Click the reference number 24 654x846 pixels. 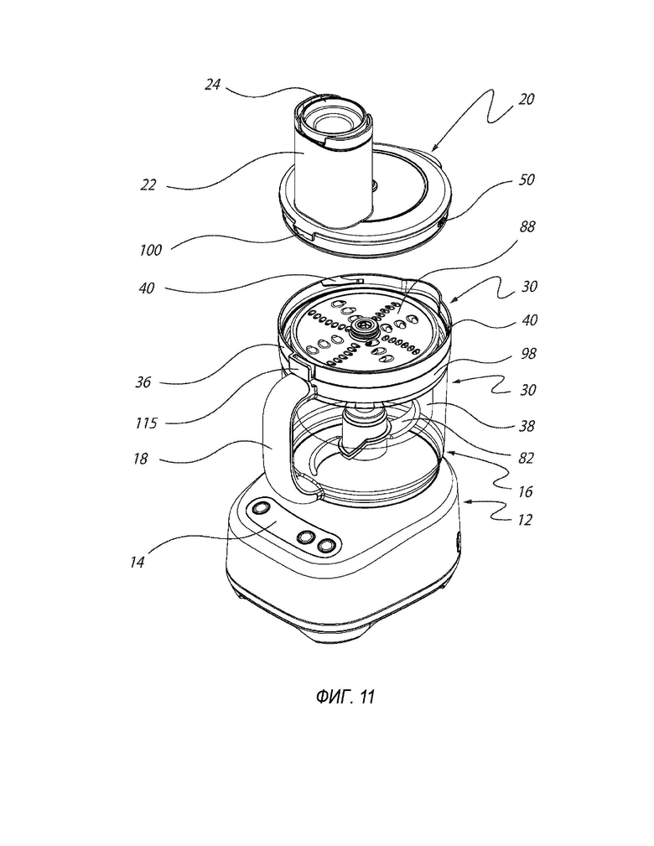pos(213,84)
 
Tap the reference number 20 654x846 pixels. pos(526,99)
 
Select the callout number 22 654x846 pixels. pos(148,185)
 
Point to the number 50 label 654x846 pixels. pos(526,179)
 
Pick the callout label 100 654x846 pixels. pos(150,250)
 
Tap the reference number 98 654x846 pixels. pos(527,353)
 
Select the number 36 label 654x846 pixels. pos(143,382)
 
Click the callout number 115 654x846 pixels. pos(146,423)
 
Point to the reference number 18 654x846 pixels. pos(140,459)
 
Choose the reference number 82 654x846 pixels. pos(526,458)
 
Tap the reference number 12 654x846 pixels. pos(524,520)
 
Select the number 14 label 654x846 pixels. pos(137,563)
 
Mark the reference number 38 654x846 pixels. pos(526,426)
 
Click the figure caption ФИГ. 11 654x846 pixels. pos(345,697)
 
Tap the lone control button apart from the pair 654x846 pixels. pos(260,508)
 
